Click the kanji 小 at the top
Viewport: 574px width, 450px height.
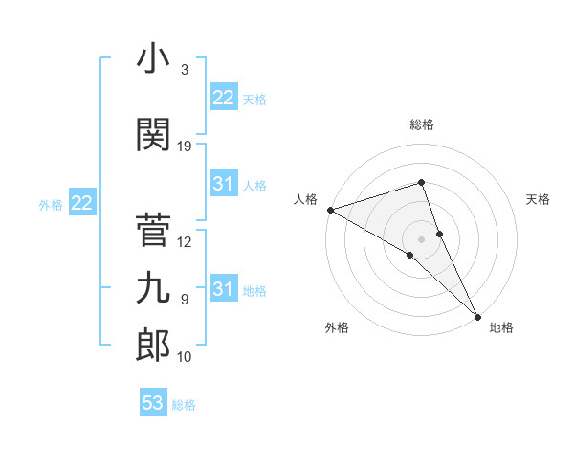tap(153, 59)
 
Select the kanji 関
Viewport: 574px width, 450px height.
tap(153, 135)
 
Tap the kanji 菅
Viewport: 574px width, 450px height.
tap(153, 231)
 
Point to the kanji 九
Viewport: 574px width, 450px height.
tap(153, 287)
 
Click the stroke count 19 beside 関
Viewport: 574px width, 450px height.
tap(185, 146)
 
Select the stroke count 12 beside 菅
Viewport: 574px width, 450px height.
tap(185, 242)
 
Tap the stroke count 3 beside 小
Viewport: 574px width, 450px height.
tap(185, 70)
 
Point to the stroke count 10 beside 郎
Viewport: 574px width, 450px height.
tap(185, 357)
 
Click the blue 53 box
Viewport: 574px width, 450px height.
tap(153, 403)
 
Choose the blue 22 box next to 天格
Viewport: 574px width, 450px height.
tap(224, 98)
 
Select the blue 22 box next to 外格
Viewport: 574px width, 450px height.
tap(82, 203)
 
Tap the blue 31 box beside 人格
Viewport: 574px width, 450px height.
tap(224, 184)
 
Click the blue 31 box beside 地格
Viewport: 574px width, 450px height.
tap(224, 289)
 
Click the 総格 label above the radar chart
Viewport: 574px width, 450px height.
tap(421, 124)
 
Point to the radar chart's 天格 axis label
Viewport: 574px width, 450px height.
tap(539, 199)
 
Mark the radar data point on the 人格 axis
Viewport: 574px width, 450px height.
tap(330, 210)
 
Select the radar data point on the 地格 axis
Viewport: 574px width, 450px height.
tap(476, 315)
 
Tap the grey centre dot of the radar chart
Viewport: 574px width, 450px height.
tap(421, 238)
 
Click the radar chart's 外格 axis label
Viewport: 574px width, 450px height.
tap(337, 327)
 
